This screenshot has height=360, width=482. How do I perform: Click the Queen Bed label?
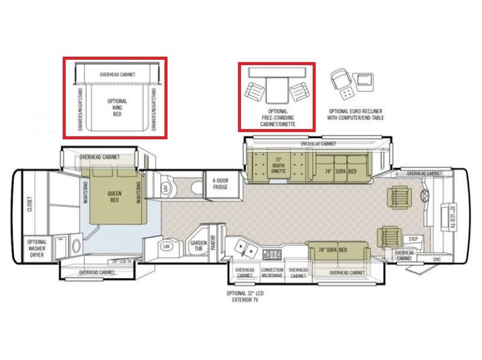point(114,198)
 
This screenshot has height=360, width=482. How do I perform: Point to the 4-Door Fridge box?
point(220,184)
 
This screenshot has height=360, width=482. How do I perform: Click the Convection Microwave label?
point(272,273)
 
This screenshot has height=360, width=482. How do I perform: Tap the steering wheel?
point(424,197)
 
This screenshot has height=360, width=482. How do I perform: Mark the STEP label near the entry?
point(413,239)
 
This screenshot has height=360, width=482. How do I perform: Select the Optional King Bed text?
point(117,107)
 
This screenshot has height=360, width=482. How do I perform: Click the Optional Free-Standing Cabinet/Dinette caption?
point(277,117)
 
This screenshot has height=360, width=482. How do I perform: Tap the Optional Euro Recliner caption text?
point(355,115)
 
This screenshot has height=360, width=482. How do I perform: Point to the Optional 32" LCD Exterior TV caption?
point(245,296)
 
